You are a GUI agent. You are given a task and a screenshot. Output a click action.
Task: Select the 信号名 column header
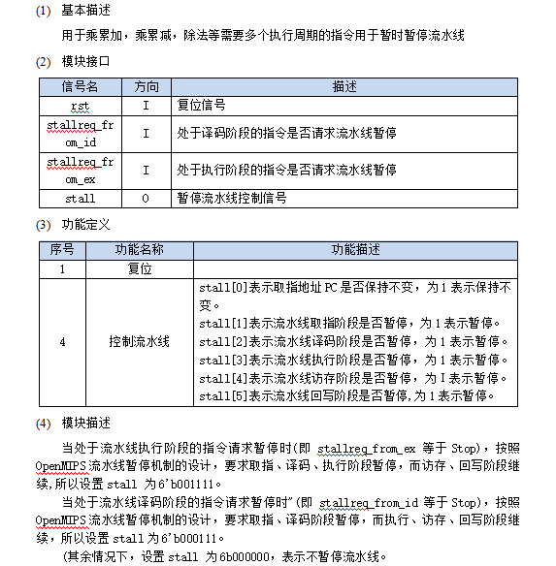80,85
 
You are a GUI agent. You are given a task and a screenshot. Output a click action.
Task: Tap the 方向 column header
146,85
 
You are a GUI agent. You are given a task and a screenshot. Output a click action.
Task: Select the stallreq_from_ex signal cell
80,170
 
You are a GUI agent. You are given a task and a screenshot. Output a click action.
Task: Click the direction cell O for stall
146,198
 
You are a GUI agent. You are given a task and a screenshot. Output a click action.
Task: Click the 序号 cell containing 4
62,342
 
